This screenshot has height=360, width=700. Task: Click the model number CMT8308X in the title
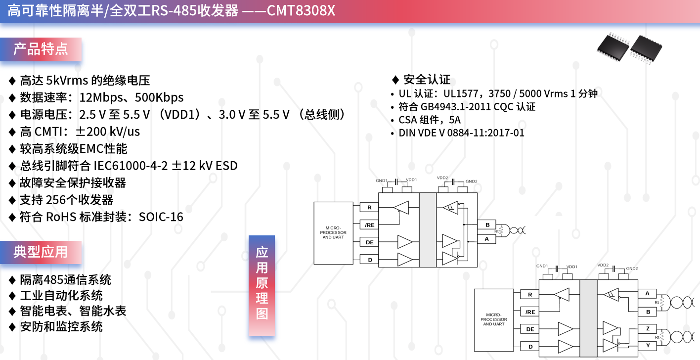[x=301, y=10]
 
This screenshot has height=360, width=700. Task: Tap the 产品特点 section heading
[x=41, y=49]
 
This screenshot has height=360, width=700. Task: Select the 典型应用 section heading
[x=41, y=252]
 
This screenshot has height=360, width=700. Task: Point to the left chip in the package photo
[x=613, y=47]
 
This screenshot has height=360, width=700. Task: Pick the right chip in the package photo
[x=646, y=49]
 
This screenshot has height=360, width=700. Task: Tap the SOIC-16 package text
[x=161, y=217]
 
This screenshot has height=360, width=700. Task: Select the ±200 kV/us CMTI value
[x=108, y=132]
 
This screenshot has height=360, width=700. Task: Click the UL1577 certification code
[x=461, y=94]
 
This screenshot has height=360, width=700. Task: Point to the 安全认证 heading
[x=427, y=80]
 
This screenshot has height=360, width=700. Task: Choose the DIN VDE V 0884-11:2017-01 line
[x=461, y=133]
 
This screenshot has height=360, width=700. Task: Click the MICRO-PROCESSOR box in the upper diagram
[x=333, y=233]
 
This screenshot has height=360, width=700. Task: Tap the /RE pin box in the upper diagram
[x=369, y=225]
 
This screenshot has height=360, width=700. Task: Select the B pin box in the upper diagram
[x=487, y=225]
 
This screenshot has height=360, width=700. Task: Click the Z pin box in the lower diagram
[x=647, y=329]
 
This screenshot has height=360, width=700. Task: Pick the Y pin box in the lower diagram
[x=647, y=346]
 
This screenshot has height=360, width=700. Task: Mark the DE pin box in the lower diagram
[x=529, y=329]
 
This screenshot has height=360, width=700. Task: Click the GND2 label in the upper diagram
[x=471, y=181]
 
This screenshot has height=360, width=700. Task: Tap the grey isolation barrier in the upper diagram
[x=428, y=230]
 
